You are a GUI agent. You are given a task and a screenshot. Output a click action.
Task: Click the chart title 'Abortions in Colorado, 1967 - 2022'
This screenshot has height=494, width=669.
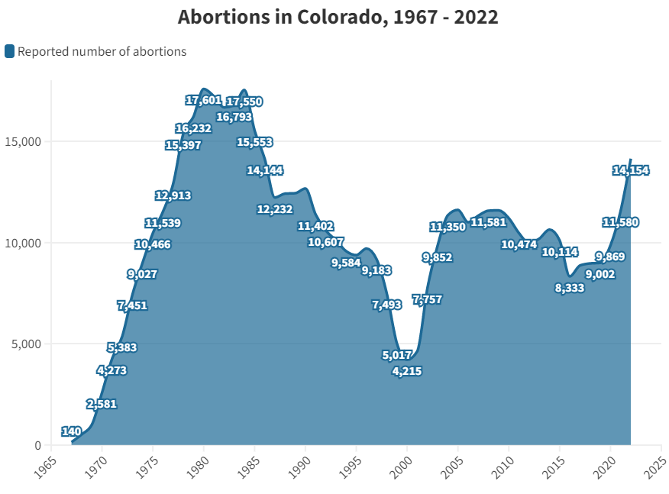tap(338, 17)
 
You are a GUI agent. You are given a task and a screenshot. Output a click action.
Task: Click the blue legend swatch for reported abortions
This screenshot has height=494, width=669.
tap(9, 51)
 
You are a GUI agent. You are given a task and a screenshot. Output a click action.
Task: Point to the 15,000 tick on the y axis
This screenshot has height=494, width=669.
tap(27, 142)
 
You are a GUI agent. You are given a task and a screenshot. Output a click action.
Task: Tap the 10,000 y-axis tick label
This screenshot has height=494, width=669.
tap(27, 243)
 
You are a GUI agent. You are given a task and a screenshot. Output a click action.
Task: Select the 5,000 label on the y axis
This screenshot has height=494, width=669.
tap(30, 344)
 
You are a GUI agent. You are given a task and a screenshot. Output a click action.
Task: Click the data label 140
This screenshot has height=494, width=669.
tap(72, 431)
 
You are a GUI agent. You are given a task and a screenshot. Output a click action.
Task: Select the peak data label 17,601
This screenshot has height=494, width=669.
tap(203, 100)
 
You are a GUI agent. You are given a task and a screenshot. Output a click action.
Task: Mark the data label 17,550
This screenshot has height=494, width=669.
tap(244, 102)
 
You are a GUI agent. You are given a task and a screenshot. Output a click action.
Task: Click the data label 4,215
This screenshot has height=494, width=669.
tap(406, 371)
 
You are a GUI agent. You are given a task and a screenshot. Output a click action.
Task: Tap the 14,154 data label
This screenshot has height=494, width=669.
tap(630, 170)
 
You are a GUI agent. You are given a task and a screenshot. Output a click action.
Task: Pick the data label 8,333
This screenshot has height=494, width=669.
tap(570, 288)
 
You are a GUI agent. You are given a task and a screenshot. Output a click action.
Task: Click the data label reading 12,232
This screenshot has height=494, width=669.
tap(274, 209)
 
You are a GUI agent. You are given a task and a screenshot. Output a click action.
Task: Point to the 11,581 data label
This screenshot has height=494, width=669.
tap(489, 222)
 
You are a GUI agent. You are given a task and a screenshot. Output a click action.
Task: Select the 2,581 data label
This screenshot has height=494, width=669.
tap(102, 403)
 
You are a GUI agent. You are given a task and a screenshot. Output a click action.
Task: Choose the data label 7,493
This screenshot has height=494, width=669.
tap(386, 305)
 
